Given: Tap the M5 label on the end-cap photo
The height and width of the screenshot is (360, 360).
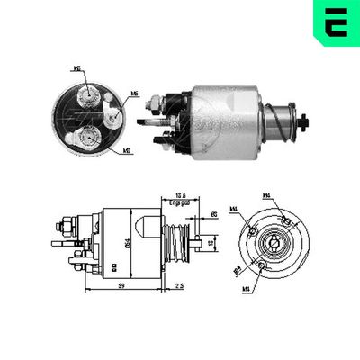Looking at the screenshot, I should [134, 92].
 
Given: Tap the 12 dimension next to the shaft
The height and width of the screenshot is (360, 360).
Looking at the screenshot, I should [209, 241].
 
